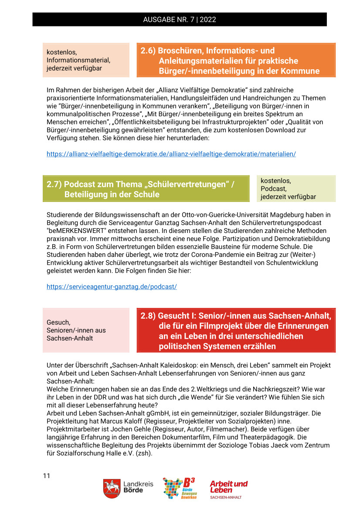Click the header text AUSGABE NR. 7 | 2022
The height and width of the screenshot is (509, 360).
180,20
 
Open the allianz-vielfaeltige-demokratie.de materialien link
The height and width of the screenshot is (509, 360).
171,154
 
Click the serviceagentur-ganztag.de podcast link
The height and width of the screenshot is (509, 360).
112,287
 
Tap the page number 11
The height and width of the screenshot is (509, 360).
47,475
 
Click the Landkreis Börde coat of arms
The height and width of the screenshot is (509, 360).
112,488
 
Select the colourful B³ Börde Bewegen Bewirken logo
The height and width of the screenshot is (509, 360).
179,488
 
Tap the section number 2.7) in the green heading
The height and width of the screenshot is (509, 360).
54,184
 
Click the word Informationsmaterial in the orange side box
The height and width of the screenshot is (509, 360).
78,60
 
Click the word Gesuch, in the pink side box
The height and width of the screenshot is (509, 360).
58,322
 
